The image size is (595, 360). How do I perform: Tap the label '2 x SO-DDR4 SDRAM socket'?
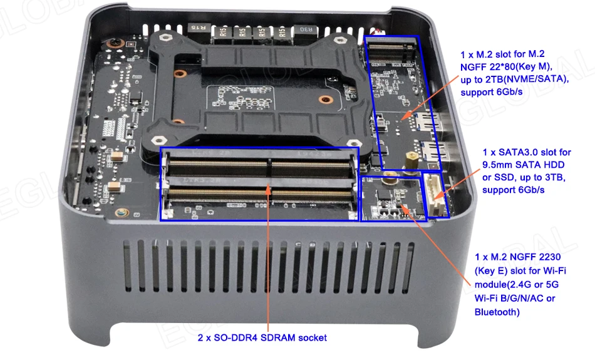pyautogui.click(x=262, y=337)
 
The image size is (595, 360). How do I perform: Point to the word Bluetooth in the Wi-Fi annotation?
pyautogui.click(x=495, y=312)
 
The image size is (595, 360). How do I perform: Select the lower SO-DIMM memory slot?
pyautogui.click(x=261, y=196)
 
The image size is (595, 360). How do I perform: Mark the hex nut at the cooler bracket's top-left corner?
pyautogui.click(x=165, y=38)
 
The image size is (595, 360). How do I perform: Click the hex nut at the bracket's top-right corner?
pyautogui.click(x=339, y=40)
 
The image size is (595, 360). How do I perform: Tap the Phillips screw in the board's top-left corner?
pyautogui.click(x=113, y=42)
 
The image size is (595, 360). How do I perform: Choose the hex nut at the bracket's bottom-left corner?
pyautogui.click(x=158, y=141)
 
